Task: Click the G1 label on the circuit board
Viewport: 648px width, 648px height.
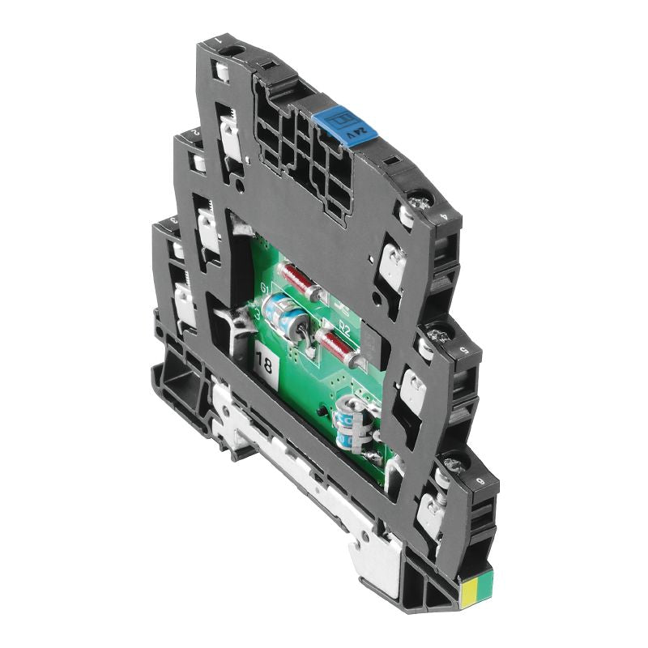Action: [264, 288]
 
